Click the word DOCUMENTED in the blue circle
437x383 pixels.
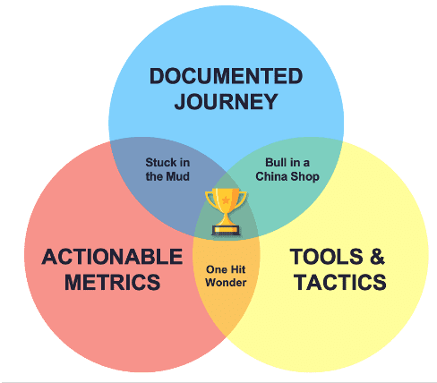[226, 76]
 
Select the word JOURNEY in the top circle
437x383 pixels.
[226, 102]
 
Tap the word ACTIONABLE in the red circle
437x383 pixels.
[112, 258]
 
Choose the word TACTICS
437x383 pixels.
[338, 283]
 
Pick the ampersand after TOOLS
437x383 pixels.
[376, 258]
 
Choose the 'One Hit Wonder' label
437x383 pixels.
[226, 276]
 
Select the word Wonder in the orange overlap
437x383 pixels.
[226, 283]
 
